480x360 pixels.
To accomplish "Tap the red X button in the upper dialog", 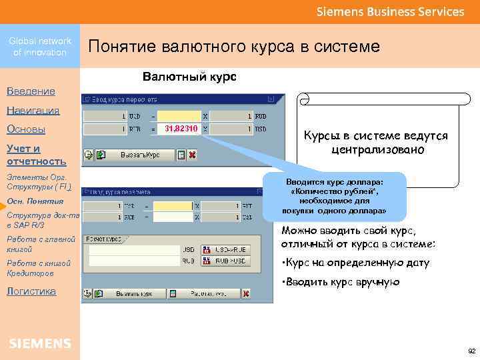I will click(x=192, y=155).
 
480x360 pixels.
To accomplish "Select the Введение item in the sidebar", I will click(x=31, y=91).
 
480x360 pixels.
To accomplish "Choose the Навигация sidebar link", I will click(x=33, y=110).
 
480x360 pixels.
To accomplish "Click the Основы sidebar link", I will click(x=26, y=129).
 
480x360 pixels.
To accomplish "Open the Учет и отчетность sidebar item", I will click(x=37, y=155).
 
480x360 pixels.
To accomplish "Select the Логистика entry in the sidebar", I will click(x=31, y=291).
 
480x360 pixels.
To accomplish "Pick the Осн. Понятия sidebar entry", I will click(x=35, y=201).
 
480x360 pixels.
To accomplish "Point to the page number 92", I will click(x=471, y=350).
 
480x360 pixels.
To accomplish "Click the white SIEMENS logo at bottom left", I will click(x=40, y=343).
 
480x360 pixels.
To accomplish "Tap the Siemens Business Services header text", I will click(x=390, y=12).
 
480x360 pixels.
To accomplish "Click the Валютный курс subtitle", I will click(x=189, y=77).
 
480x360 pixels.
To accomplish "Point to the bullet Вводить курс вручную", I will click(x=341, y=282).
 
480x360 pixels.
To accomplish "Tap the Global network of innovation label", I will click(x=40, y=47).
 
